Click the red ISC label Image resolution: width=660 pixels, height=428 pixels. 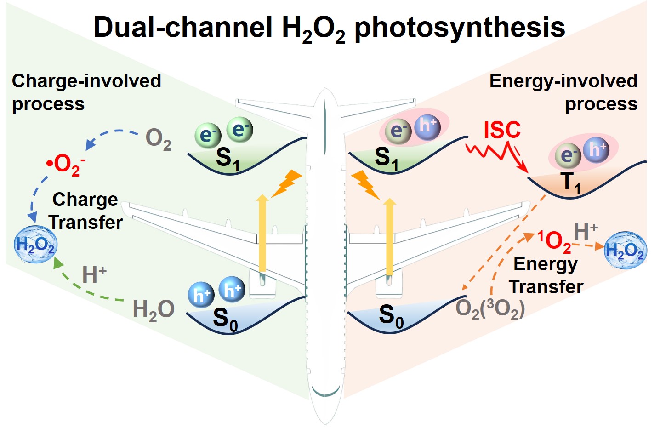coord(502,130)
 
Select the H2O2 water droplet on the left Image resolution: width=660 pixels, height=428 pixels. coord(36,245)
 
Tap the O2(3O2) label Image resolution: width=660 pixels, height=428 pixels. coord(489,309)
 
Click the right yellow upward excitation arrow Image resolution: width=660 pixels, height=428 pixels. coord(389,237)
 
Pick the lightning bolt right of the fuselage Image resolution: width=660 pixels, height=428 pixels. coord(366,184)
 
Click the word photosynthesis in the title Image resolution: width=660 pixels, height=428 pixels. coord(459,28)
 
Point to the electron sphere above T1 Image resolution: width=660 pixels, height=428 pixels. coord(568,156)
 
